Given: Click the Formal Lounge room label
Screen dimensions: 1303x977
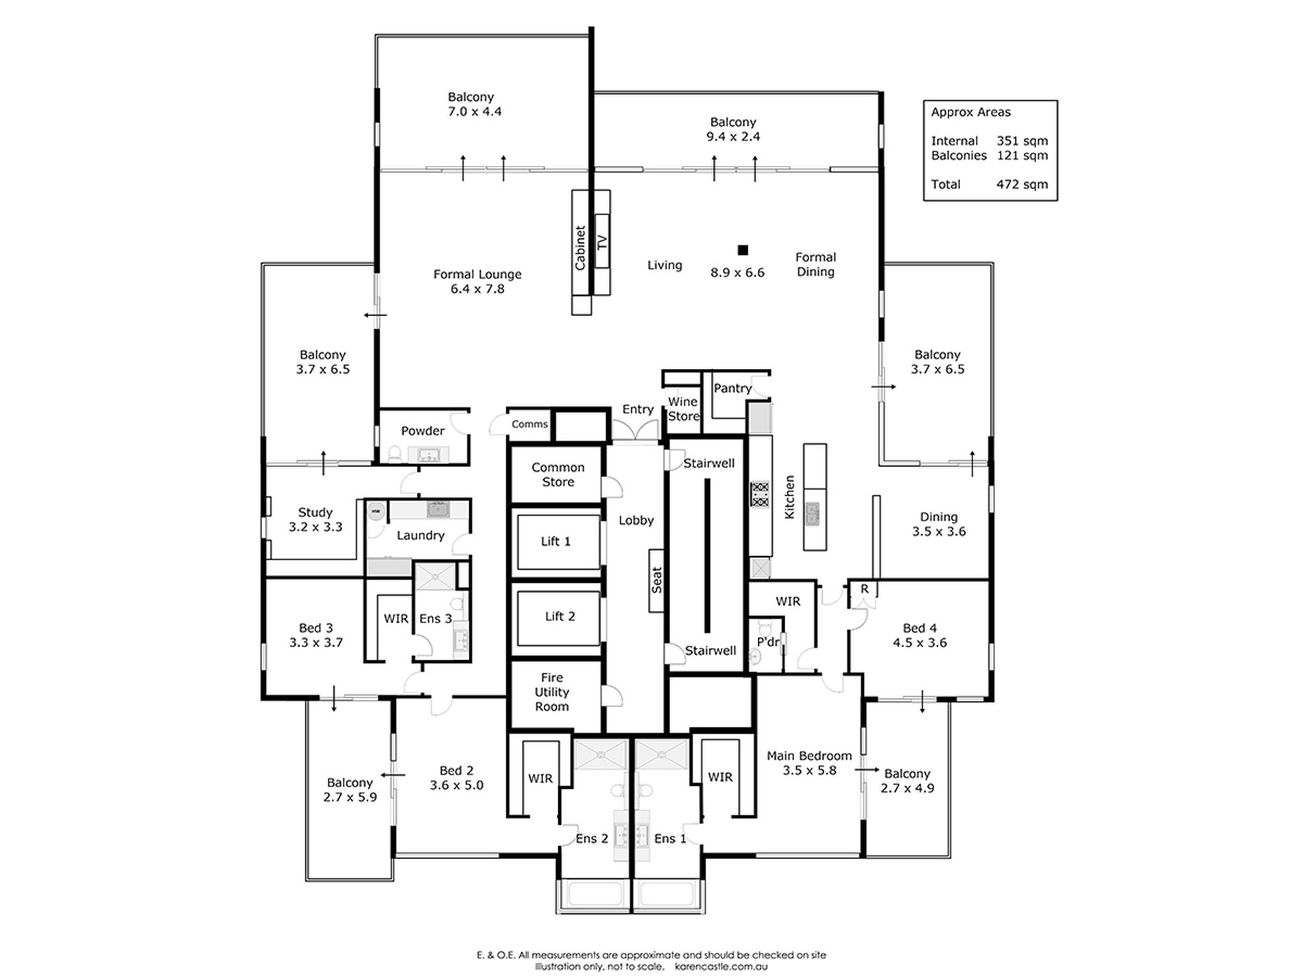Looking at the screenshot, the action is [477, 274].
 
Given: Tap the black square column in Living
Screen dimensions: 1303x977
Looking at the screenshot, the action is [743, 250].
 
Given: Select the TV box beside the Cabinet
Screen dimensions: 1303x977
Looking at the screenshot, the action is [602, 242].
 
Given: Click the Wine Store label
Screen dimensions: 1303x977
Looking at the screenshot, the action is [683, 409].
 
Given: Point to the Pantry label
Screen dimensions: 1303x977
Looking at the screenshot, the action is [732, 388].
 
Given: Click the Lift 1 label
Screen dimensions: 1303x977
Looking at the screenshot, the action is [555, 542].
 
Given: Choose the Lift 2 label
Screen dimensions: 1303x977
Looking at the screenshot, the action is [560, 616].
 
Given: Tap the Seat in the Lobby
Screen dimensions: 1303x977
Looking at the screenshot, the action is [657, 580].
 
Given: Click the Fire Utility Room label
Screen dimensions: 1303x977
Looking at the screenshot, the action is [552, 692].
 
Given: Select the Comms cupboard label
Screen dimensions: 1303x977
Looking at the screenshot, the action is [529, 424].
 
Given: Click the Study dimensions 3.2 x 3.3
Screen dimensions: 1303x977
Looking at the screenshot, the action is [315, 527].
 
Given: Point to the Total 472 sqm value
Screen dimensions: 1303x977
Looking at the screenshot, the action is [1022, 184].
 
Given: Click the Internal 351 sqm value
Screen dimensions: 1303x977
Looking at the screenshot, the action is [1022, 141].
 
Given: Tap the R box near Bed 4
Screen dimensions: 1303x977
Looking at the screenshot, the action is [865, 589].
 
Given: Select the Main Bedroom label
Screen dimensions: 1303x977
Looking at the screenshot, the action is [809, 756].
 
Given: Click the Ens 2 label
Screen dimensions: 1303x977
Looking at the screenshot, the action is [592, 839].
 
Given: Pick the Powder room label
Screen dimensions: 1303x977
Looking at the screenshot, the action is [422, 431].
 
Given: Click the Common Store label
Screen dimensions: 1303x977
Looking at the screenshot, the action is [558, 474].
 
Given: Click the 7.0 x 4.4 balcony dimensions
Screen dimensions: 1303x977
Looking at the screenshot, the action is [475, 112].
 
